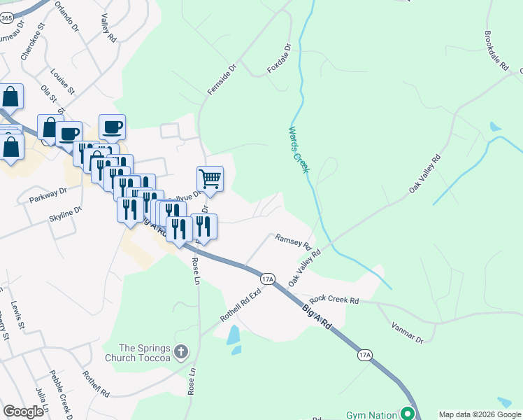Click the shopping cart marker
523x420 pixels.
(210, 180)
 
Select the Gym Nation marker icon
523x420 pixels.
(406, 414)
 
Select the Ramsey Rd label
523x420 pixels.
(292, 241)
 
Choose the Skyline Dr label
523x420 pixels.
(65, 213)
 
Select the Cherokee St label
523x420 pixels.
(32, 41)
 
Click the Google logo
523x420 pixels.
(24, 412)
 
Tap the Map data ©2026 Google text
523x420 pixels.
(480, 414)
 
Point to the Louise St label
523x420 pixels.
(62, 80)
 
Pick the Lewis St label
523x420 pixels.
(17, 316)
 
